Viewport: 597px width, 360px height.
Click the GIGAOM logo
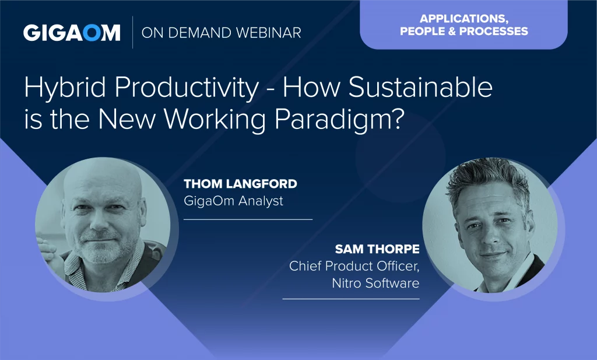[x=72, y=33]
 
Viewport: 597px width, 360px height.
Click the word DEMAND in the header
[x=200, y=33]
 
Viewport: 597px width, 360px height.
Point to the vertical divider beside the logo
[x=132, y=32]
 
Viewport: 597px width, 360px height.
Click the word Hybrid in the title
[x=65, y=88]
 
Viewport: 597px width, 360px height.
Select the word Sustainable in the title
[x=420, y=87]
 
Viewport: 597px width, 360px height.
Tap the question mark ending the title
[x=396, y=119]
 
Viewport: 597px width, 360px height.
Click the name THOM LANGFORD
[x=240, y=184]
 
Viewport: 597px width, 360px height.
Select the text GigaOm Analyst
[x=233, y=201]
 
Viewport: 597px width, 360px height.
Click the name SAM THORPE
[x=377, y=249]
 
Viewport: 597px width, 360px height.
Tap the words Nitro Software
[x=375, y=283]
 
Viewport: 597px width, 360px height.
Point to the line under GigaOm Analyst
[x=248, y=219]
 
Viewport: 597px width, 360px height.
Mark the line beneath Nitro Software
[x=350, y=299]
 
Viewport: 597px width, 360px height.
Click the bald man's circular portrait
[x=103, y=225]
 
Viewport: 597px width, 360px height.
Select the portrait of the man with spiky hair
[x=490, y=225]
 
